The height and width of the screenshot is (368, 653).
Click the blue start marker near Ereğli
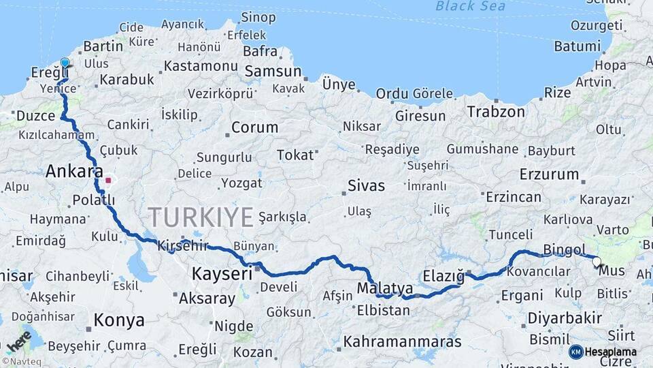pos(65,63)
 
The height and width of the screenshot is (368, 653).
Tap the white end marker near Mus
pos(597,261)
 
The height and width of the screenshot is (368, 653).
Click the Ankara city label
pos(74,172)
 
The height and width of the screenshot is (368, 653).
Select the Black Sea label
pos(471,6)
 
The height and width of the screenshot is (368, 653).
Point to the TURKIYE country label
pos(201,217)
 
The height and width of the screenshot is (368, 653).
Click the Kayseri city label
pos(222,274)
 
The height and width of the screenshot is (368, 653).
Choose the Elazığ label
pos(443,275)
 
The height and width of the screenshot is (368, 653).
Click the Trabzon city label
pos(496,112)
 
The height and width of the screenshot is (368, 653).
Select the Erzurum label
pos(549,174)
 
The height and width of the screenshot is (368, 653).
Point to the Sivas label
pos(366,185)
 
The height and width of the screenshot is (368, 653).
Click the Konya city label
pos(119,320)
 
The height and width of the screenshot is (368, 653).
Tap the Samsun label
pos(273,71)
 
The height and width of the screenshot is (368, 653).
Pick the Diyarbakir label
pos(565,318)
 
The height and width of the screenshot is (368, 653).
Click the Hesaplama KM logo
pos(575,352)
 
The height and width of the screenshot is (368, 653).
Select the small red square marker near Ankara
pos(108,181)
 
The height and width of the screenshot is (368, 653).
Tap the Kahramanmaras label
pos(402,341)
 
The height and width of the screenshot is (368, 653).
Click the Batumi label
pos(577,46)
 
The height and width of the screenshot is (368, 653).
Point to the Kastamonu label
pos(201,67)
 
